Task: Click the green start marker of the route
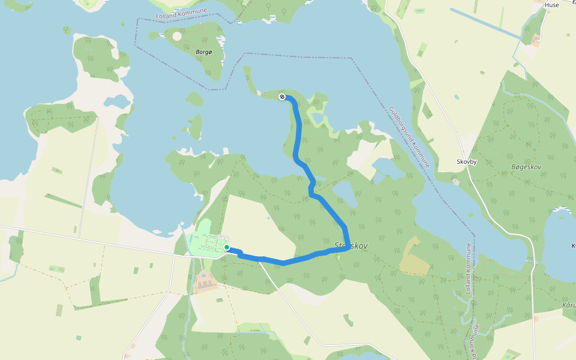[x=227, y=247]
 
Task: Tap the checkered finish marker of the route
[x=282, y=96]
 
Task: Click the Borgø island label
[x=204, y=52]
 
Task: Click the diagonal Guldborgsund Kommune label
[x=409, y=137]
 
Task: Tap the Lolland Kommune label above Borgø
[x=181, y=13]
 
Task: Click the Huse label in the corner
[x=551, y=5]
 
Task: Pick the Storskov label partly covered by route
[x=352, y=246]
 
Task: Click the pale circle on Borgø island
[x=177, y=36]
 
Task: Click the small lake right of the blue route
[x=344, y=193]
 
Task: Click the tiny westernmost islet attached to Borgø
[x=153, y=36]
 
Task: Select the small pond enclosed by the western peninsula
[x=117, y=100]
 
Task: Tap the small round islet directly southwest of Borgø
[x=194, y=98]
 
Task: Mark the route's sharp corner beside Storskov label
[x=347, y=248]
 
